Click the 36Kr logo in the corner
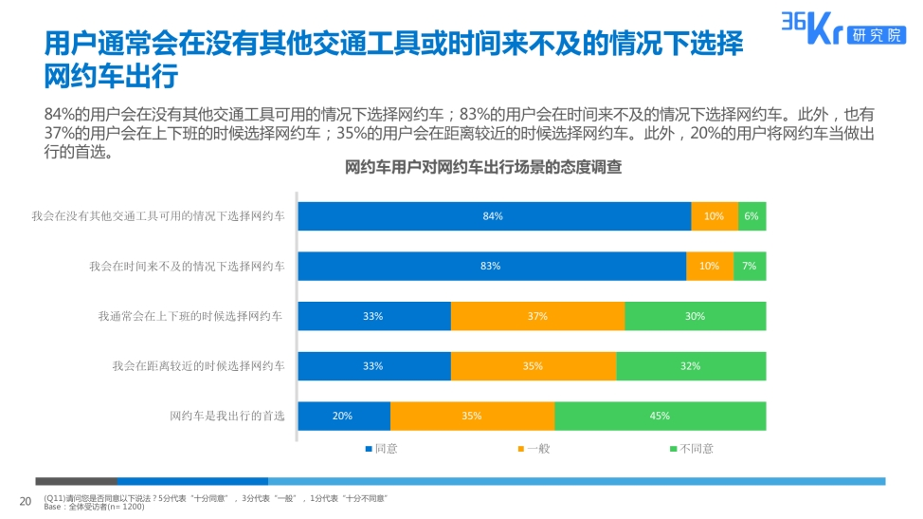[841, 28]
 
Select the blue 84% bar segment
[494, 216]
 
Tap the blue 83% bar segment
[492, 267]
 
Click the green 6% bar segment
[751, 216]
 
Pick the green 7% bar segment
[750, 267]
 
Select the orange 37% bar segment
[537, 316]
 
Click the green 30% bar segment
[695, 316]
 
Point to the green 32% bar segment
[691, 366]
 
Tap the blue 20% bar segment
[344, 416]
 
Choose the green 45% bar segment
[660, 416]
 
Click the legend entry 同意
[381, 449]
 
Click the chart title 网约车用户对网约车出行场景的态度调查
[483, 168]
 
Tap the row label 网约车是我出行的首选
[226, 416]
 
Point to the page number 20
[26, 501]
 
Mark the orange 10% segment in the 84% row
[715, 216]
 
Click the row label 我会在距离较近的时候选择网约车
[198, 366]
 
